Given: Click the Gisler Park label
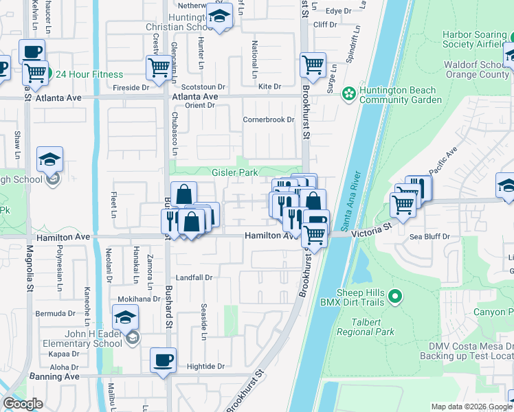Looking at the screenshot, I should point(235,172).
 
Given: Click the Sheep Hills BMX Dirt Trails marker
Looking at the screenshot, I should point(394,297).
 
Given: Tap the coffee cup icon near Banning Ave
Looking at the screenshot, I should point(164,360).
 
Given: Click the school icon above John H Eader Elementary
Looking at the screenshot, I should point(126,318).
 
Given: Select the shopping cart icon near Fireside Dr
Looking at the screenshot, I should point(159,68).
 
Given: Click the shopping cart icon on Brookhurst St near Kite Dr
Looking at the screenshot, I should point(313,65).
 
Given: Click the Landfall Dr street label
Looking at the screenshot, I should point(194,278).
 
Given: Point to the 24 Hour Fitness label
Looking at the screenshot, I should point(89,75).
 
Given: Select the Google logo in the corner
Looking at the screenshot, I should point(23,404).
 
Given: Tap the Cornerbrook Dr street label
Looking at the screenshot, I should point(268,119).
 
